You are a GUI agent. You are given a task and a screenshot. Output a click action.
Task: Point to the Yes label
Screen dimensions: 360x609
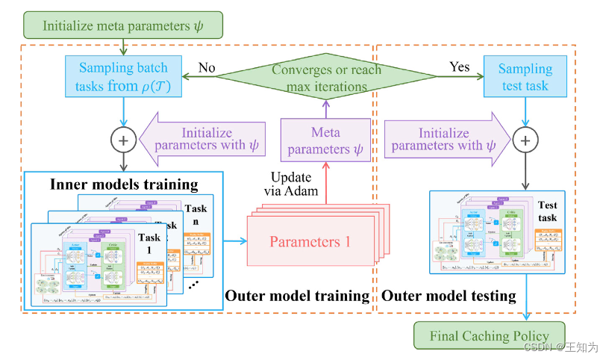pos(460,66)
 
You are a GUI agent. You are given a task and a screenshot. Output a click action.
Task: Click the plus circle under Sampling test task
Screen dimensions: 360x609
pos(526,140)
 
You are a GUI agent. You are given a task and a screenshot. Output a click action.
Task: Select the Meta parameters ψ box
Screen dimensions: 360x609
pos(325,140)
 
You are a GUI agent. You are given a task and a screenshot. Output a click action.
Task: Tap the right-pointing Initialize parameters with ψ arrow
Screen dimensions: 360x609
pos(446,140)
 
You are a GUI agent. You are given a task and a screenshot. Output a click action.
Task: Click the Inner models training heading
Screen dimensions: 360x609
pos(124,184)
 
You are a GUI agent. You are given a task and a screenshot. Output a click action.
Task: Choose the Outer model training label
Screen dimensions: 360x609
pos(297,296)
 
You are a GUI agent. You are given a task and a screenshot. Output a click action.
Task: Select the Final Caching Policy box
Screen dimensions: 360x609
pos(489,336)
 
